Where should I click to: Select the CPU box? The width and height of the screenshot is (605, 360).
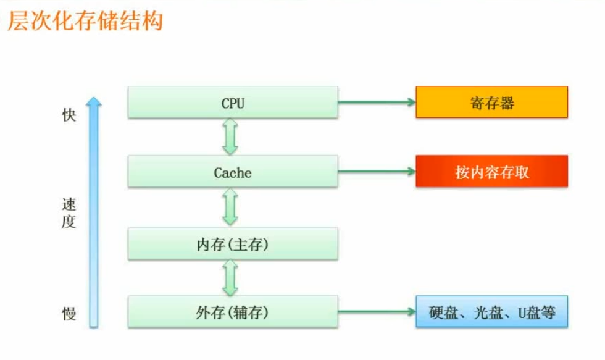click(233, 103)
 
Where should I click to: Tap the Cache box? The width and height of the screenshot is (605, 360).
click(233, 172)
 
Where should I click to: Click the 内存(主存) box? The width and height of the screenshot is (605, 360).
click(233, 244)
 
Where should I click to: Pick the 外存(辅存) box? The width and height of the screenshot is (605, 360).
click(233, 312)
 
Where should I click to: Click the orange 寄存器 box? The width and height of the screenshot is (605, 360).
click(491, 103)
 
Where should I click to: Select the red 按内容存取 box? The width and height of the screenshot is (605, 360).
click(491, 172)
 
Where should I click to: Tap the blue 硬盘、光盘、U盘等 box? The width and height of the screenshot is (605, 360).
click(491, 312)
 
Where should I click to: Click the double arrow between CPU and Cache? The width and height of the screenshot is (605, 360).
click(230, 137)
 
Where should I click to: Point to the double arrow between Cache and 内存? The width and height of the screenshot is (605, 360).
click(230, 207)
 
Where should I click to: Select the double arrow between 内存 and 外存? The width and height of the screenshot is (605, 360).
click(230, 278)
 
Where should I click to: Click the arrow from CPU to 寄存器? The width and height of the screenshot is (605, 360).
click(377, 103)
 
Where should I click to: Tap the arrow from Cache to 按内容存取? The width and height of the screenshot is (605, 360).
click(377, 172)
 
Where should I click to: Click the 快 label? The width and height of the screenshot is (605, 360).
click(69, 116)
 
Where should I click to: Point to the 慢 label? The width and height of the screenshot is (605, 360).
click(69, 314)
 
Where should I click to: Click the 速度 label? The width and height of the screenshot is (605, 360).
click(69, 213)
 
